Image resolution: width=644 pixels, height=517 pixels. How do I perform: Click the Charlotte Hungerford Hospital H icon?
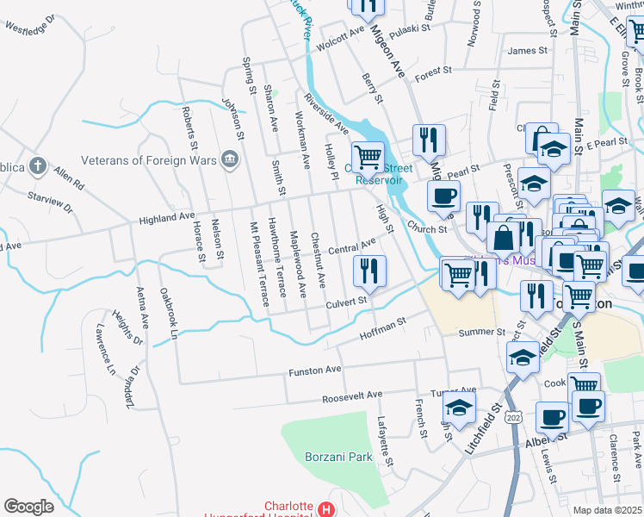[325, 510]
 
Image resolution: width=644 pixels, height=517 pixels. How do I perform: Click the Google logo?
[28, 507]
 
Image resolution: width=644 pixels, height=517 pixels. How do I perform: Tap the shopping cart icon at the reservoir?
[368, 157]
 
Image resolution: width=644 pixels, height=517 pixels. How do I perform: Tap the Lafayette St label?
[384, 441]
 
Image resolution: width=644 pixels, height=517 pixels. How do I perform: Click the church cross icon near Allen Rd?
[37, 165]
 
